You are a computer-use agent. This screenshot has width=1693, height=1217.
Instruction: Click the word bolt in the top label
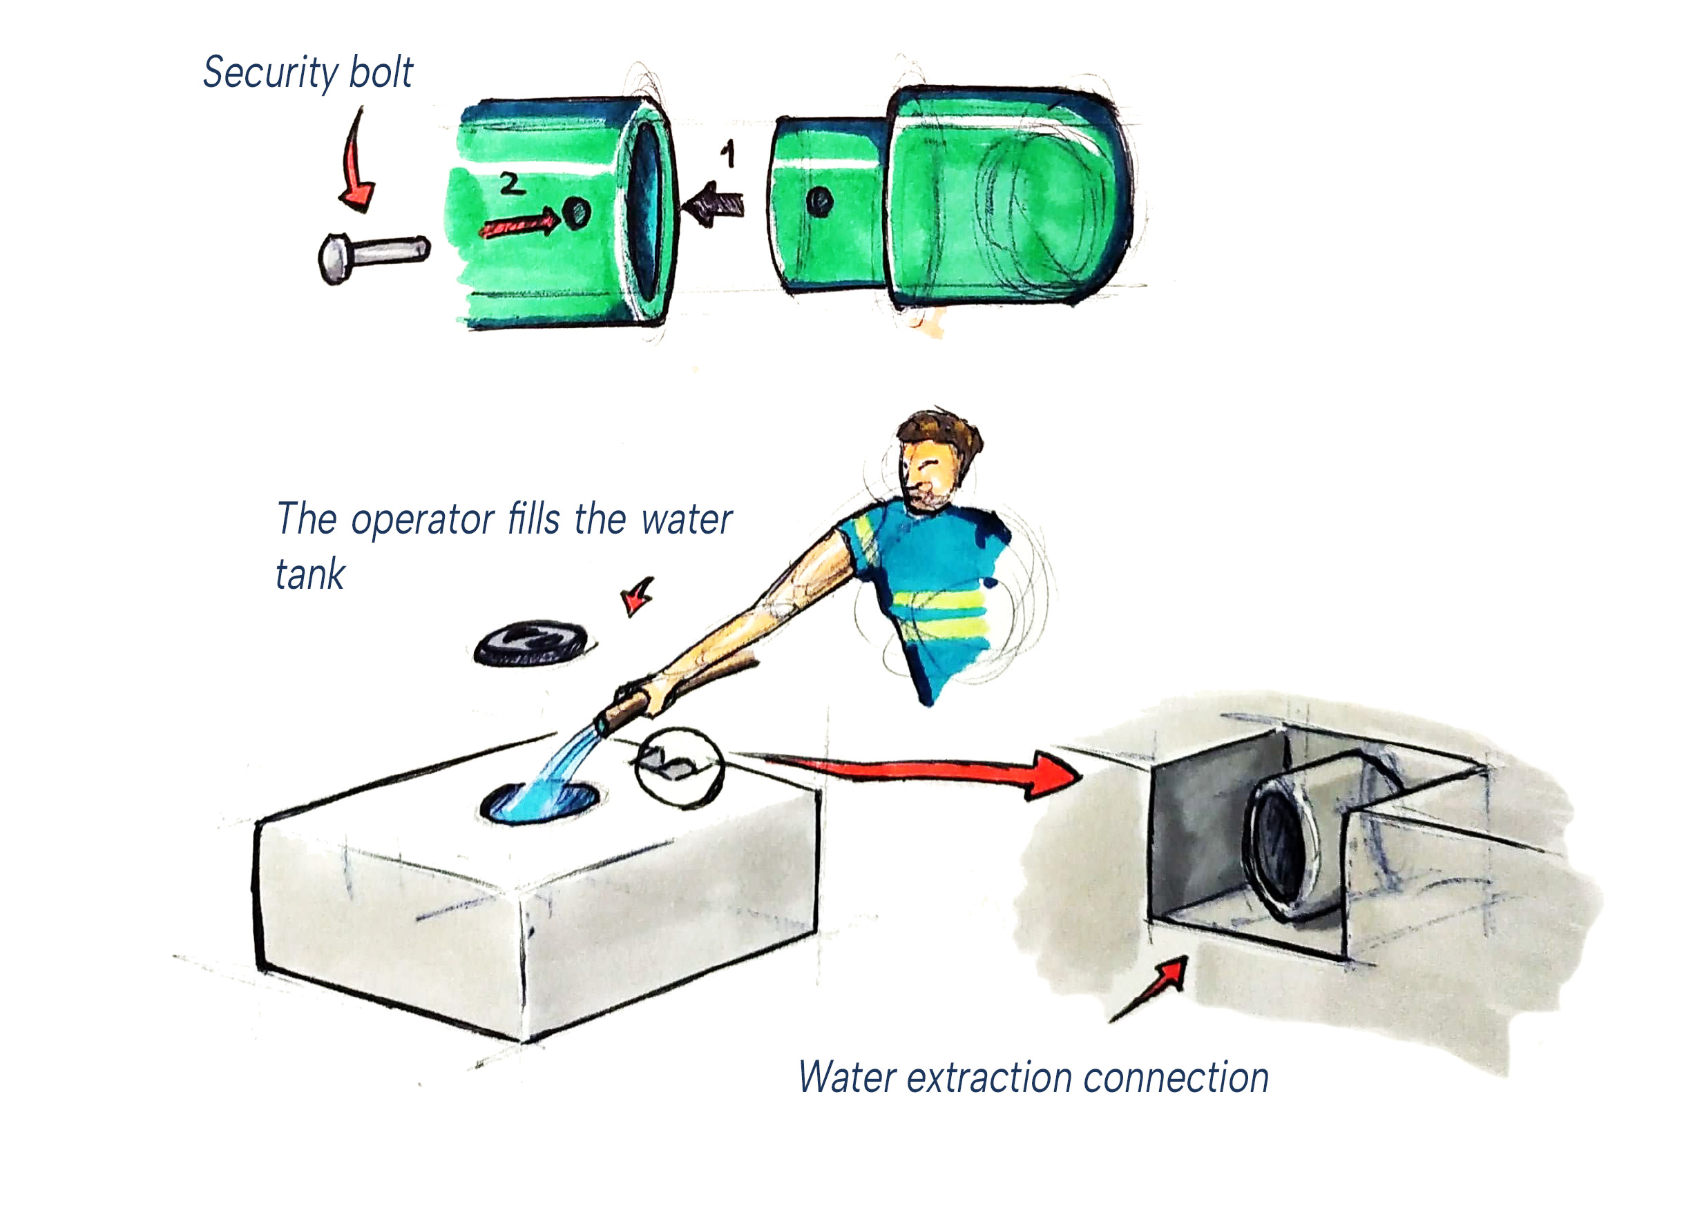point(381,72)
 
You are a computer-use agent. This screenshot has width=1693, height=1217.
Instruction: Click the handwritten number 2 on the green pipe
point(511,183)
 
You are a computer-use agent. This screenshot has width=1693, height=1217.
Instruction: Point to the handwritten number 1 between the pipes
point(729,155)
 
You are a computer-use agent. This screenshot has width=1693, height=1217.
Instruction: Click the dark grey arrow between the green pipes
point(714,204)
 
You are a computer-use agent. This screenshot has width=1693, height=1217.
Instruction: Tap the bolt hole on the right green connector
point(820,201)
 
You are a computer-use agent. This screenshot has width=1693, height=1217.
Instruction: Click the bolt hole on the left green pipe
point(576,213)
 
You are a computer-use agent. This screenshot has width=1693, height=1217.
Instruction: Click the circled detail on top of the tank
point(678,767)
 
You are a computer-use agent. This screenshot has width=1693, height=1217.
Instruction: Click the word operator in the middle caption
point(423,520)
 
